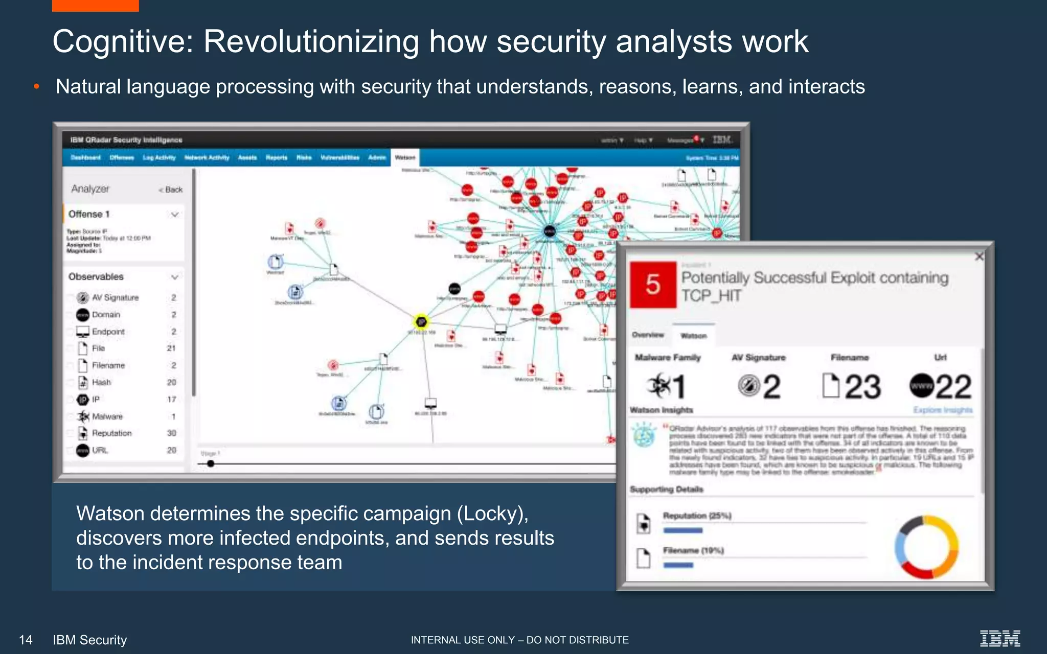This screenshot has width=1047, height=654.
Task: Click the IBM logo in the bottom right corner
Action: click(x=999, y=639)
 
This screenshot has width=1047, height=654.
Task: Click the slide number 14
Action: click(x=26, y=640)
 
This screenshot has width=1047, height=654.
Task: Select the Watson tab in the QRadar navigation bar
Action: click(x=405, y=157)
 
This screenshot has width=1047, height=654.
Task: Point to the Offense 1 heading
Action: click(x=89, y=214)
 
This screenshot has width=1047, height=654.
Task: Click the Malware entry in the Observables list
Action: click(x=107, y=416)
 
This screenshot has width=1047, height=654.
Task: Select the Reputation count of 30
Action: click(x=171, y=433)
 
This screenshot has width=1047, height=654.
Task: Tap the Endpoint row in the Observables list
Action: click(x=108, y=332)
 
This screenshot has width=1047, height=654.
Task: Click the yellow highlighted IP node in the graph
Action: click(x=421, y=322)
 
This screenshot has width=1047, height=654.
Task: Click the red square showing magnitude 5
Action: click(x=653, y=285)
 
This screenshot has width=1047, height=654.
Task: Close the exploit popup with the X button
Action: click(x=979, y=256)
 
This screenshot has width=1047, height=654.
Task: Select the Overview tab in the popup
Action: click(x=648, y=335)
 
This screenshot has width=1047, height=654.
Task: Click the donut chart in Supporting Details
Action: click(x=926, y=547)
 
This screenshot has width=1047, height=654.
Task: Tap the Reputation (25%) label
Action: click(x=697, y=516)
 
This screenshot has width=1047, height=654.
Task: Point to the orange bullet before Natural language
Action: click(x=36, y=87)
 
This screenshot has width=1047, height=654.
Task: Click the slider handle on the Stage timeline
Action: click(x=211, y=463)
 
